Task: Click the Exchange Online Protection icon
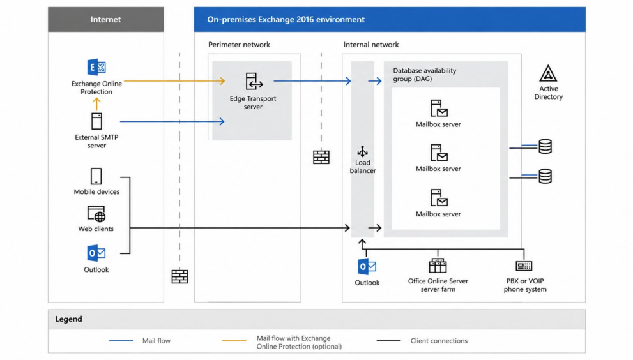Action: coord(96,67)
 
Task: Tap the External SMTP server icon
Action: coord(96,121)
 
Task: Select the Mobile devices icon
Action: coord(96,176)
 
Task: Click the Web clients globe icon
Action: coord(96,214)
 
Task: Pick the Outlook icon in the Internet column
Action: coord(96,253)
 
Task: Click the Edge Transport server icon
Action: coord(254,81)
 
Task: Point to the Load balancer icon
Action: coord(363,151)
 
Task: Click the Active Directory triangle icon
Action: coord(548,73)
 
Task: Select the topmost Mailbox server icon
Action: coord(439,108)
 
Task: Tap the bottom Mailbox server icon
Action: coord(439,198)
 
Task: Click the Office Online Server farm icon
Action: coord(438,266)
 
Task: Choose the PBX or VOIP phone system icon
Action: coord(524,266)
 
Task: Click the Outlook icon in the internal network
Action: coord(367,267)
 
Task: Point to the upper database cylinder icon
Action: coord(545,146)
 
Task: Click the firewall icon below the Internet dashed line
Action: coord(179,277)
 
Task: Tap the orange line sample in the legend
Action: coord(234,341)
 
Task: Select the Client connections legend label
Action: coord(439,341)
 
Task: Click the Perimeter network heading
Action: coord(239,45)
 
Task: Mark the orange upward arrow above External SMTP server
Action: coord(96,104)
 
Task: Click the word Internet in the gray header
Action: coord(105,19)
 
